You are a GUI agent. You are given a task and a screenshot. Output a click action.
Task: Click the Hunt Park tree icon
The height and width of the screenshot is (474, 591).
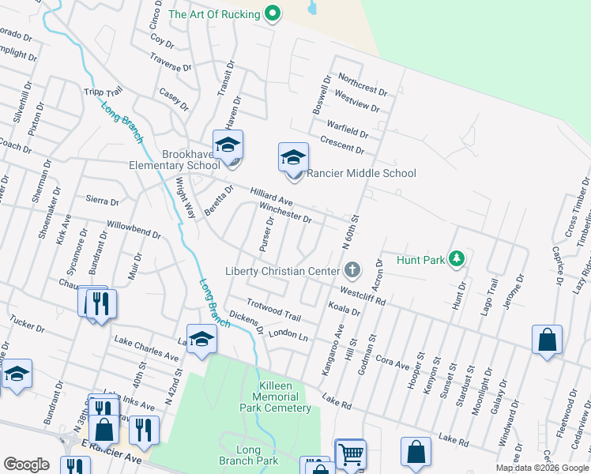coord(456,258)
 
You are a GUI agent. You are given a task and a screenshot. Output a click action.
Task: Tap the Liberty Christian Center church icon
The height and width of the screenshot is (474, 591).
coord(352,271)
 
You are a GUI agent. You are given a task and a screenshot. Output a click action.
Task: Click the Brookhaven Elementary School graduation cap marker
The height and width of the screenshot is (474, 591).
coord(228,146)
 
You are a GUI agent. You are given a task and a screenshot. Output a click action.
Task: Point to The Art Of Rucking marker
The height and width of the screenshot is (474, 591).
coord(273,13)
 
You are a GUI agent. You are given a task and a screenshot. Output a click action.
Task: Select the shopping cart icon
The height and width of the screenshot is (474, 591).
coord(349,454)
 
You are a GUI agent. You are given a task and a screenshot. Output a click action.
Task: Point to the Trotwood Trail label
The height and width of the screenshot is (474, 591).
coord(274,310)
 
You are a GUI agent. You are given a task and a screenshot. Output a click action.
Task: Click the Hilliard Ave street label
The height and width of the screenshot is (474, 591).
coord(272,197)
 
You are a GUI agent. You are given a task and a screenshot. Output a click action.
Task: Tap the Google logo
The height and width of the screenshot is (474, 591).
coord(26,465)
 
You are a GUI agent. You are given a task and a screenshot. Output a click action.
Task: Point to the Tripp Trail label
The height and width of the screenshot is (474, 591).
coord(102,92)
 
